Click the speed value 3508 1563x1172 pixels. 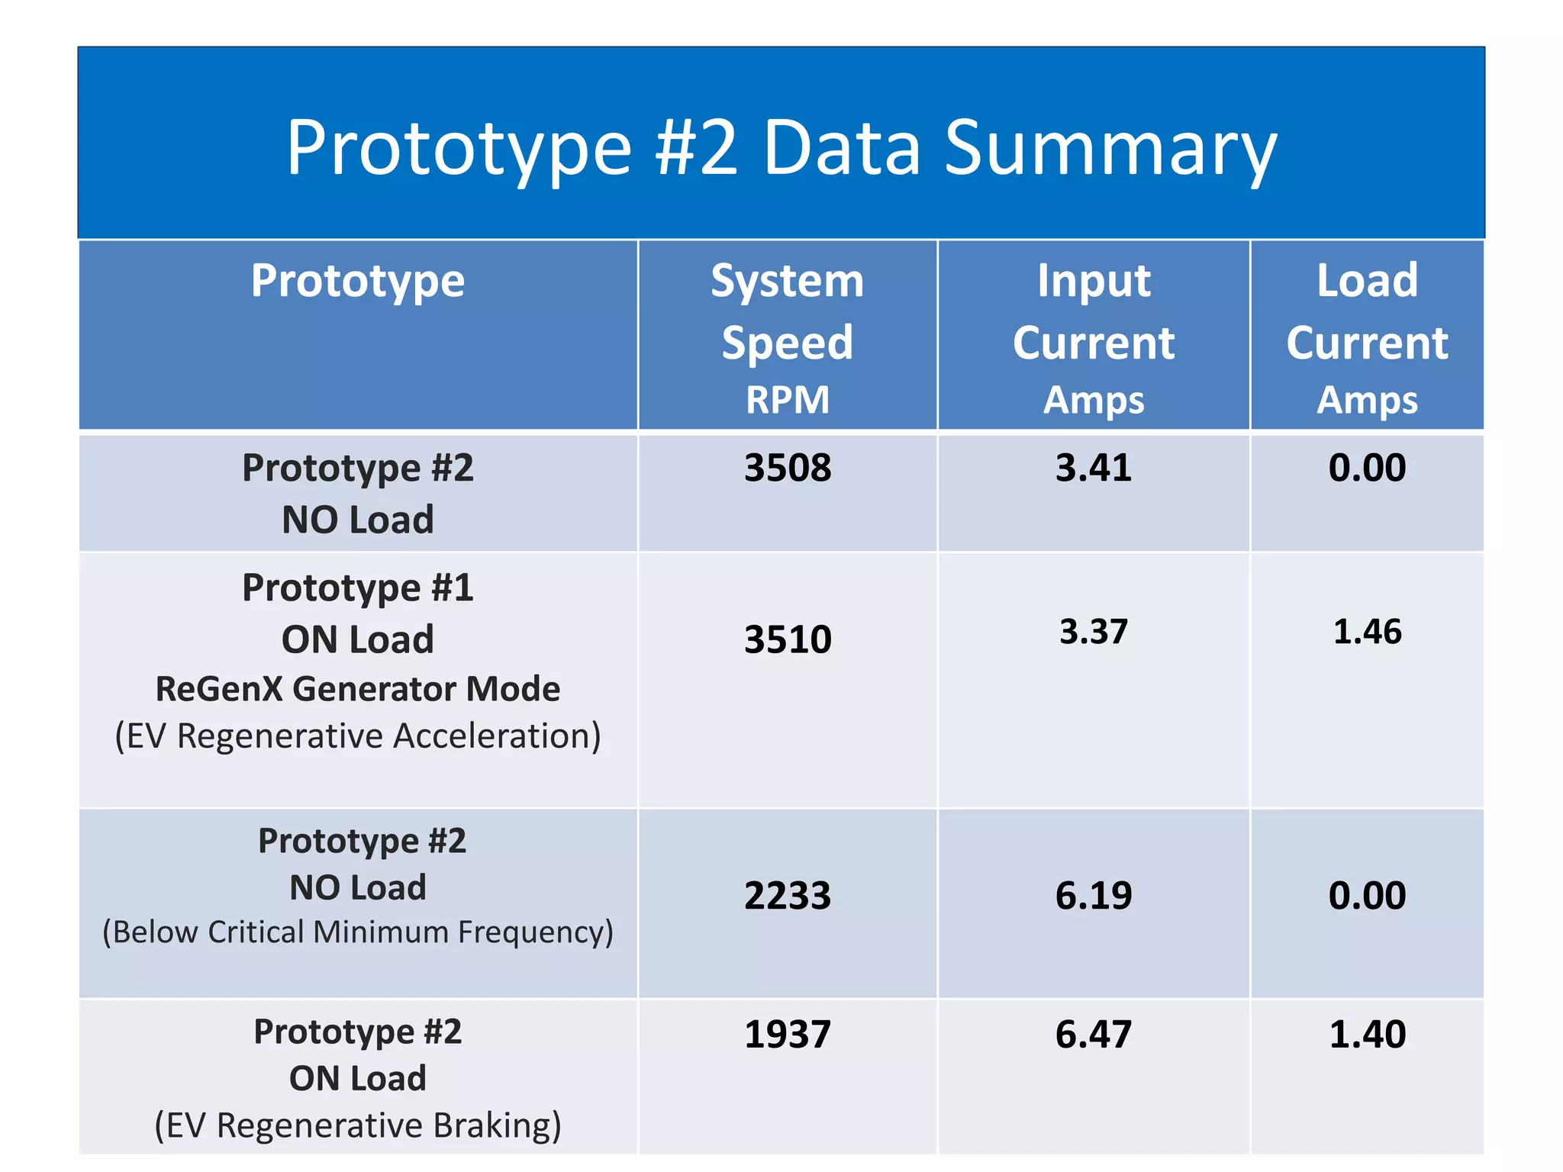pyautogui.click(x=787, y=468)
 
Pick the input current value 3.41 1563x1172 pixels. pyautogui.click(x=1093, y=468)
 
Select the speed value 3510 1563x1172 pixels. pyautogui.click(x=787, y=639)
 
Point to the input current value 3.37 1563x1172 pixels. pyautogui.click(x=1093, y=632)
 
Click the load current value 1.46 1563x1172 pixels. pyautogui.click(x=1367, y=632)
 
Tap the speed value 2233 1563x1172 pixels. pyautogui.click(x=787, y=896)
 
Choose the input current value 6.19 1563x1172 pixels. pyautogui.click(x=1093, y=896)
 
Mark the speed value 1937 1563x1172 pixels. pyautogui.click(x=787, y=1035)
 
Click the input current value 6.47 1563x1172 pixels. pyautogui.click(x=1093, y=1035)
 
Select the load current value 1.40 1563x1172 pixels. pyautogui.click(x=1367, y=1035)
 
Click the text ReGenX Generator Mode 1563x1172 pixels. pyautogui.click(x=357, y=689)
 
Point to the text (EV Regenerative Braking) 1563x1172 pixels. pyautogui.click(x=357, y=1125)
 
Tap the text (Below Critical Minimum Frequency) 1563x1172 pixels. pyautogui.click(x=357, y=932)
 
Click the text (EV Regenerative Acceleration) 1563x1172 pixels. pyautogui.click(x=357, y=736)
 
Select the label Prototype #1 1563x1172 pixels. pyautogui.click(x=357, y=588)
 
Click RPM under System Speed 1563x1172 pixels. pyautogui.click(x=787, y=400)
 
